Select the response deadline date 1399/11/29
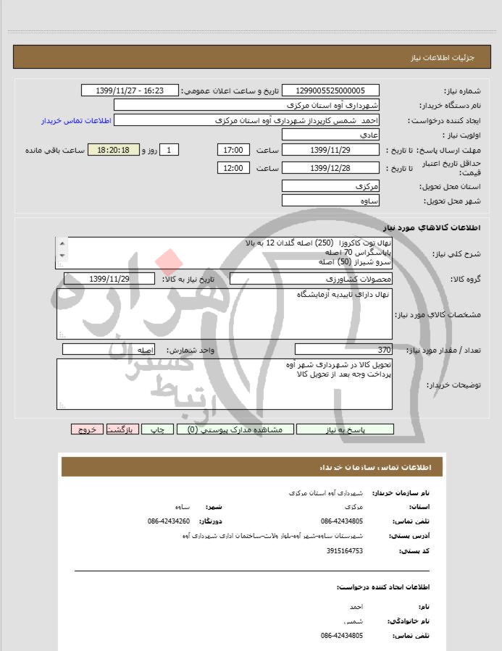[330, 150]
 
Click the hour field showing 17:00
[234, 150]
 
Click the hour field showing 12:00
[234, 168]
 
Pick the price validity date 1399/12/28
[330, 168]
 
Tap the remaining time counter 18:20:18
[117, 150]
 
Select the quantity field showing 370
[344, 349]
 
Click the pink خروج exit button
[87, 429]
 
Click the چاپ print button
[157, 429]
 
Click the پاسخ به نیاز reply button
[345, 429]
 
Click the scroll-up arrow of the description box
[62, 243]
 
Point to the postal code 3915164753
[344, 551]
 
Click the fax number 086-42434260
[168, 521]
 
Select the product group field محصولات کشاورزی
[311, 279]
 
